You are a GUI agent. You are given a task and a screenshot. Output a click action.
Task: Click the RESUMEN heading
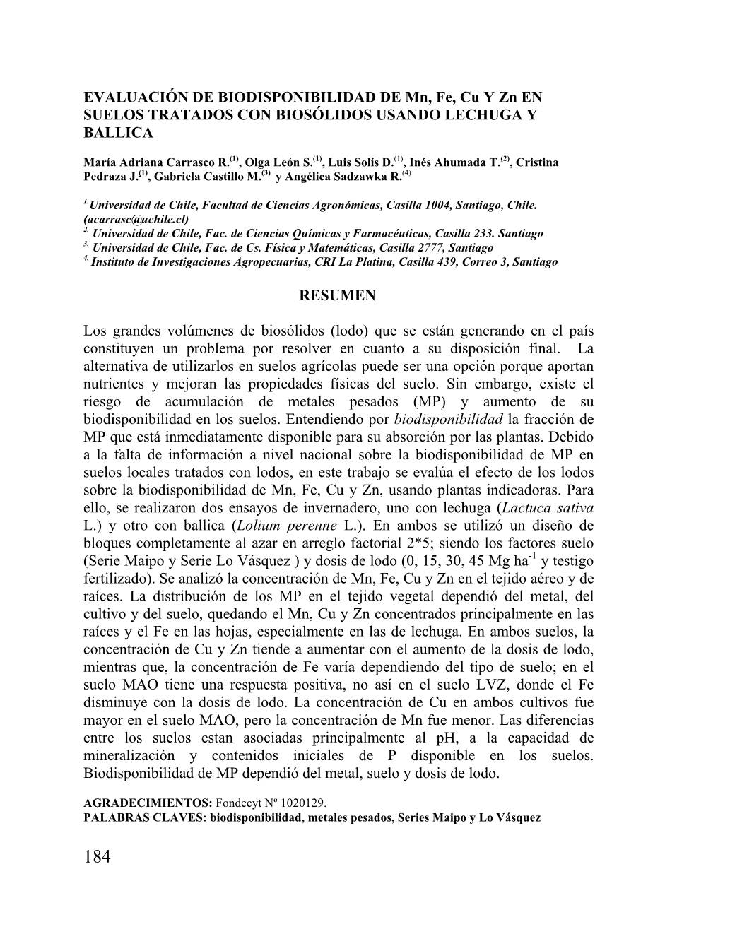tap(337, 296)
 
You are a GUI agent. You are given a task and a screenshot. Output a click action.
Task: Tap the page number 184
tap(98, 858)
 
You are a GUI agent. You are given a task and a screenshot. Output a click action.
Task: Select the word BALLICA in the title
tap(118, 132)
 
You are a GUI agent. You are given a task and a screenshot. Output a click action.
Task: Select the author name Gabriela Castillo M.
tap(206, 177)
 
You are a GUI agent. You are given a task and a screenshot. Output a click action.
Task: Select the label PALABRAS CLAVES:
tap(150, 817)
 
